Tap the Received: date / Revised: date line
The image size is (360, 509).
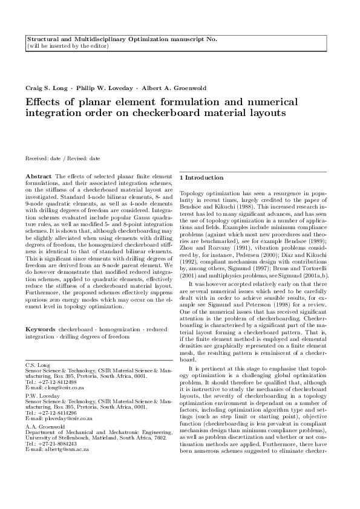pyautogui.click(x=63, y=158)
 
